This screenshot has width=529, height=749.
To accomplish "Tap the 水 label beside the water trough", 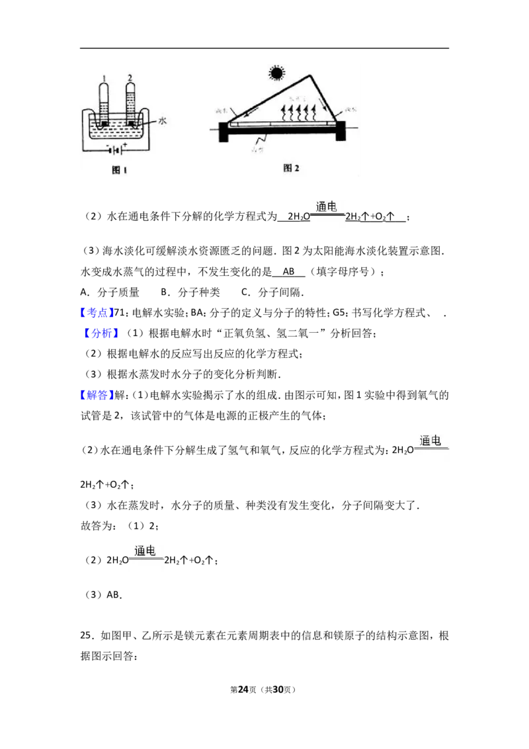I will pos(163,122).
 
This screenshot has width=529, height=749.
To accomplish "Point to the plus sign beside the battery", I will pos(124,143).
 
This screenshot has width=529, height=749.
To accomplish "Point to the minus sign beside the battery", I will pos(108,143).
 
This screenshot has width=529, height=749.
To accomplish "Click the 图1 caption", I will pos(118,171).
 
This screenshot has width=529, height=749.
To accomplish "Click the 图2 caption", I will pos(291,168).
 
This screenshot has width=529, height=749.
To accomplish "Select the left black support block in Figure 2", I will pos(224,132).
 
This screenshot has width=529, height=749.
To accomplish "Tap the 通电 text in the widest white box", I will pos(430,441).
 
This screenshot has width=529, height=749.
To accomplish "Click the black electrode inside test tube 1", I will pos(104,122).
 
